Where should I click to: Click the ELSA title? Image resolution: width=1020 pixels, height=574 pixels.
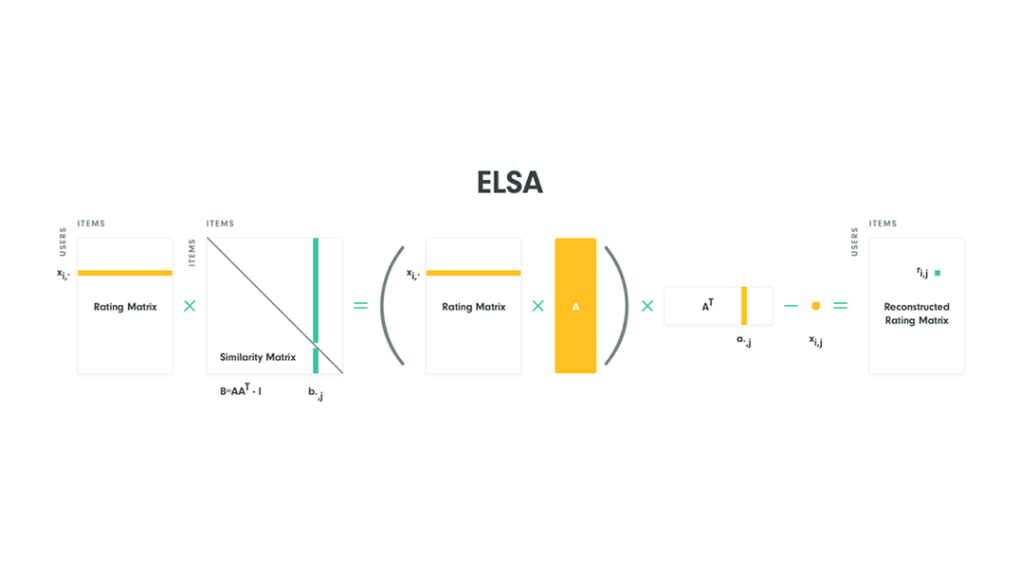click(x=510, y=183)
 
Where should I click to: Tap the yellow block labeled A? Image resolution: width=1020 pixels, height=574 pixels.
click(x=575, y=306)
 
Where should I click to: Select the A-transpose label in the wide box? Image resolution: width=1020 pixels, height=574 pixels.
click(x=707, y=306)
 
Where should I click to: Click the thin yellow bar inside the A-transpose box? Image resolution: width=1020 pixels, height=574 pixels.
click(x=744, y=306)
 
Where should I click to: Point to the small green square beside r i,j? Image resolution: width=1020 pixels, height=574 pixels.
click(x=938, y=273)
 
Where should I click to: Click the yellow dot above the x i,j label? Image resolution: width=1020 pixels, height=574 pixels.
click(x=815, y=306)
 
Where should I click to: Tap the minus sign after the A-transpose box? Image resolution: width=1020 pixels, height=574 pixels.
click(x=792, y=306)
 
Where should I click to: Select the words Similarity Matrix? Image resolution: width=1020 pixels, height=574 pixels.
click(x=258, y=357)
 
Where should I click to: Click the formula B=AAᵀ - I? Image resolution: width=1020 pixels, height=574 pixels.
click(x=240, y=390)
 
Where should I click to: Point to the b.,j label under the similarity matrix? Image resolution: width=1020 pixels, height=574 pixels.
click(x=316, y=392)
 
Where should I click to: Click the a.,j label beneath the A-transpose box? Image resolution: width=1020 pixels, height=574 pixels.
click(x=744, y=339)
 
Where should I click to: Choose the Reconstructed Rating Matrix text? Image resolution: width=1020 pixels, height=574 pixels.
click(x=917, y=314)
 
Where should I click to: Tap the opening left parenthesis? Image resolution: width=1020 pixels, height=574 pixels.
click(x=392, y=306)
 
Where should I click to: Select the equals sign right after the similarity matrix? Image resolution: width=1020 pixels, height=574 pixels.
click(x=360, y=306)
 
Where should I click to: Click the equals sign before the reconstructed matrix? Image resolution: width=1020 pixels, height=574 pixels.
click(x=840, y=306)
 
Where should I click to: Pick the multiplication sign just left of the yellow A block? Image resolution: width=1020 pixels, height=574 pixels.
click(x=537, y=306)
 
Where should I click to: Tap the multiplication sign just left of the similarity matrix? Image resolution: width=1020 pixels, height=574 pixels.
click(x=190, y=306)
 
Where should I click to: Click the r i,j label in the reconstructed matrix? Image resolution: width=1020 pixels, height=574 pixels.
click(x=922, y=273)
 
